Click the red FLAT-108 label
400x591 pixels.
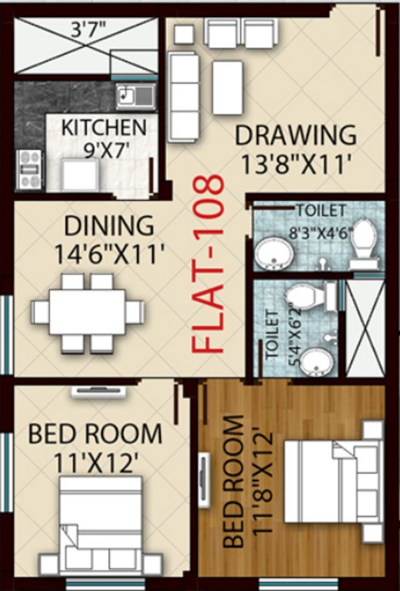pos(209,265)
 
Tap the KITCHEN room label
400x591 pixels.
pos(103,127)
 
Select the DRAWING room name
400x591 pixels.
pos(295,135)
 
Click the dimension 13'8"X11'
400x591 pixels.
pos(296,163)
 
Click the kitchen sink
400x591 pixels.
pos(135,96)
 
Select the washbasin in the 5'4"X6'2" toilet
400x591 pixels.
pos(315,359)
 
